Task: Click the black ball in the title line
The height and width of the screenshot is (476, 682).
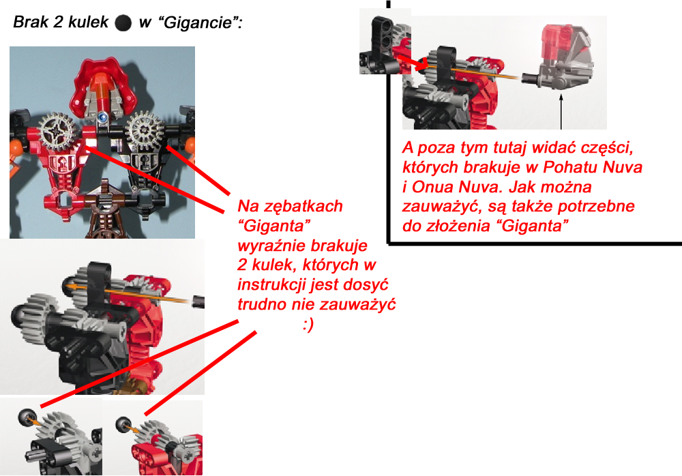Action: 123,23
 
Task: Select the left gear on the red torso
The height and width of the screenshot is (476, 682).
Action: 56,129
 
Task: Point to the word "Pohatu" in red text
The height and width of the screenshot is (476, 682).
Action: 572,168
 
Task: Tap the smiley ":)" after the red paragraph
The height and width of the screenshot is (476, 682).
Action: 308,325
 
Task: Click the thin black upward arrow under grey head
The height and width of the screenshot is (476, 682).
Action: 561,112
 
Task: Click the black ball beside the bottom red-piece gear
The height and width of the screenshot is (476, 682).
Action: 123,425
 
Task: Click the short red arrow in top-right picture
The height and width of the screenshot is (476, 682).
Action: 411,62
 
